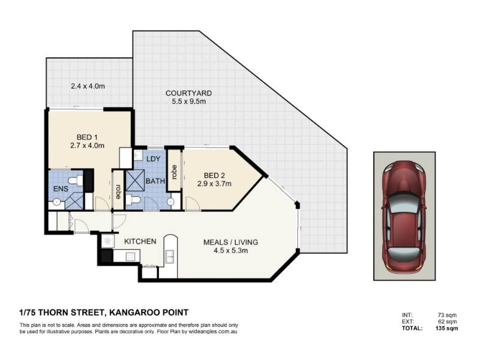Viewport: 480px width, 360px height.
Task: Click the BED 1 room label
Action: pos(87,137)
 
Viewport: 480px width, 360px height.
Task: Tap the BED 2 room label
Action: pos(214,175)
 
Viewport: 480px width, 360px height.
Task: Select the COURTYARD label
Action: pos(188,93)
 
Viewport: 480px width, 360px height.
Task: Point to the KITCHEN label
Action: pos(140,242)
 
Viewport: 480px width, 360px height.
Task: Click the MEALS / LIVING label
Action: pos(231,242)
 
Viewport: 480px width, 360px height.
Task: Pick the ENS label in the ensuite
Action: pos(61,189)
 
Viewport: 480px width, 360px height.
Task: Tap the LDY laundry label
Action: pos(154,159)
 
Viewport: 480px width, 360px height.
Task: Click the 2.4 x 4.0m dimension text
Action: pos(88,86)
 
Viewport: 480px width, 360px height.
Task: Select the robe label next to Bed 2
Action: pos(175,172)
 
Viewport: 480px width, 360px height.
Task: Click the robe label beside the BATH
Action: pos(118,191)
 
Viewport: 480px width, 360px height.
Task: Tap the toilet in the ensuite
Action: pos(76,181)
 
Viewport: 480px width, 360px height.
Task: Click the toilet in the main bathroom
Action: pos(133,200)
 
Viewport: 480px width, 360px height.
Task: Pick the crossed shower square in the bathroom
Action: pos(135,180)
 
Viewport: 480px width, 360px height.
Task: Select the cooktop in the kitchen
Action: pos(130,256)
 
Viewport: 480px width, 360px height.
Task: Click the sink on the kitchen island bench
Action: pos(169,256)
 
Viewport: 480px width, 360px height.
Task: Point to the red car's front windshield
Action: pos(404,204)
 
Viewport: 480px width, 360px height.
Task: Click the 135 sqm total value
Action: pos(446,328)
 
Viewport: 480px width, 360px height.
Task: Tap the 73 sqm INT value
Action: pos(447,315)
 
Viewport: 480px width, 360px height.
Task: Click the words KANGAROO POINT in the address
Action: pos(149,313)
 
